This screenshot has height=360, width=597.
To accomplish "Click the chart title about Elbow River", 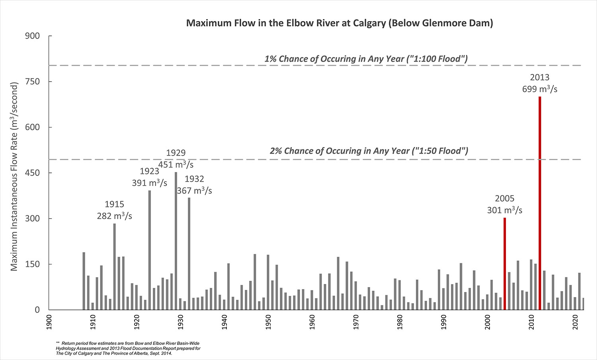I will [x=339, y=23].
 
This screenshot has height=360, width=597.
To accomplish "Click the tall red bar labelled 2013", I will [x=540, y=203].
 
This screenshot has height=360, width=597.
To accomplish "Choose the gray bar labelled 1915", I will [x=115, y=267].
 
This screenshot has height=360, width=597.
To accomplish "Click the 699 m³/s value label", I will [x=540, y=89].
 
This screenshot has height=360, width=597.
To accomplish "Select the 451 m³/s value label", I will [x=176, y=164].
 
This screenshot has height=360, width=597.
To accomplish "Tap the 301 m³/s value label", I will [x=505, y=210].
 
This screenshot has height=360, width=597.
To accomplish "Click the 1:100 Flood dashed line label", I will [x=366, y=59].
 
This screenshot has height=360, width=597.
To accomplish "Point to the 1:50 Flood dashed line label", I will [x=369, y=151].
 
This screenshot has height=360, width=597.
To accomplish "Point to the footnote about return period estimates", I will [x=128, y=348].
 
